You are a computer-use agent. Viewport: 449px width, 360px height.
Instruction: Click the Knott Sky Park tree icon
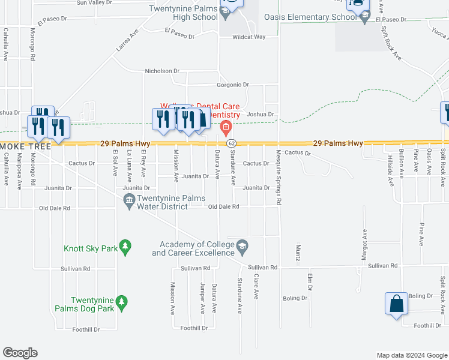[x=125, y=245]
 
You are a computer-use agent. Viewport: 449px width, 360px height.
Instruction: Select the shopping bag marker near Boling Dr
[x=397, y=304]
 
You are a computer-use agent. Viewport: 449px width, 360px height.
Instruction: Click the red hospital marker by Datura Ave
[x=226, y=126]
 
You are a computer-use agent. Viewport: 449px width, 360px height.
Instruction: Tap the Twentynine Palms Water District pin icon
[x=129, y=205]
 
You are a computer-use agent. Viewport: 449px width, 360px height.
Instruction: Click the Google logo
[x=20, y=353]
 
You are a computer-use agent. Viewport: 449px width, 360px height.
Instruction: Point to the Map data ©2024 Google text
[x=412, y=355]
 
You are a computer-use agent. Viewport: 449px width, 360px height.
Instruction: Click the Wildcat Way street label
[x=249, y=37]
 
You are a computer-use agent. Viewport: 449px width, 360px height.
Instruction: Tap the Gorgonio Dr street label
[x=233, y=85]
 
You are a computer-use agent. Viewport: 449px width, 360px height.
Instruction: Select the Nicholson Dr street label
[x=162, y=71]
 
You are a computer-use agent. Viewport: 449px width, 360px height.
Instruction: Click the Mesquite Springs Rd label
[x=279, y=177]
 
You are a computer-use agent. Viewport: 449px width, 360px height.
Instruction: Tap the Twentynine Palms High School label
[x=186, y=13]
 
